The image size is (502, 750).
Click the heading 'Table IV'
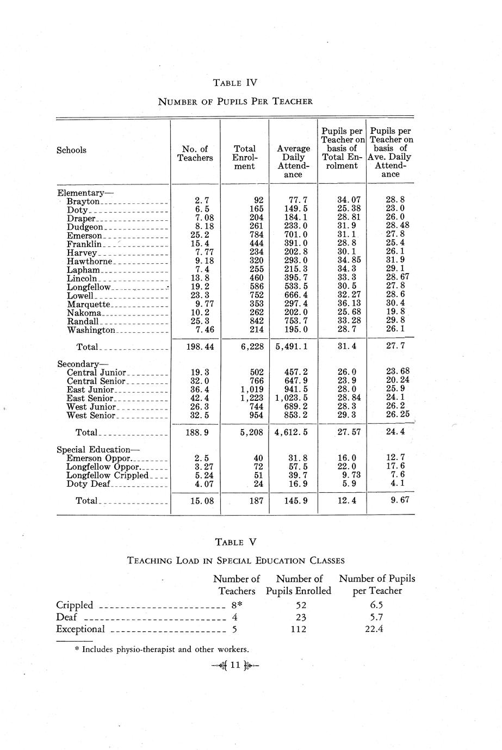pos(235,83)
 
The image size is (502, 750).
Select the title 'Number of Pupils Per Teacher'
pos(235,101)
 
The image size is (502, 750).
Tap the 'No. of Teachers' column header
pos(195,153)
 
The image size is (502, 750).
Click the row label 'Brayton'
pos(83,202)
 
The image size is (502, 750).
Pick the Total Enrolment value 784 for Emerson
pos(255,235)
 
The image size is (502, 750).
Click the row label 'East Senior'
pos(90,399)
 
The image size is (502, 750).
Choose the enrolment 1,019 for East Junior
pos(251,390)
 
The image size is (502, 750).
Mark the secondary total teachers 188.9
pos(195,432)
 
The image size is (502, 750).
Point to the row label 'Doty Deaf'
pos(89,484)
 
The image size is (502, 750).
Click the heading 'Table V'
pos(235,542)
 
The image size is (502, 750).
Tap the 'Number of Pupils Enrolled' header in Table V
pos(299,585)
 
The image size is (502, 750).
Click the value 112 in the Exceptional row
pos(299,629)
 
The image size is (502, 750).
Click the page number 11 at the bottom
pos(235,665)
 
